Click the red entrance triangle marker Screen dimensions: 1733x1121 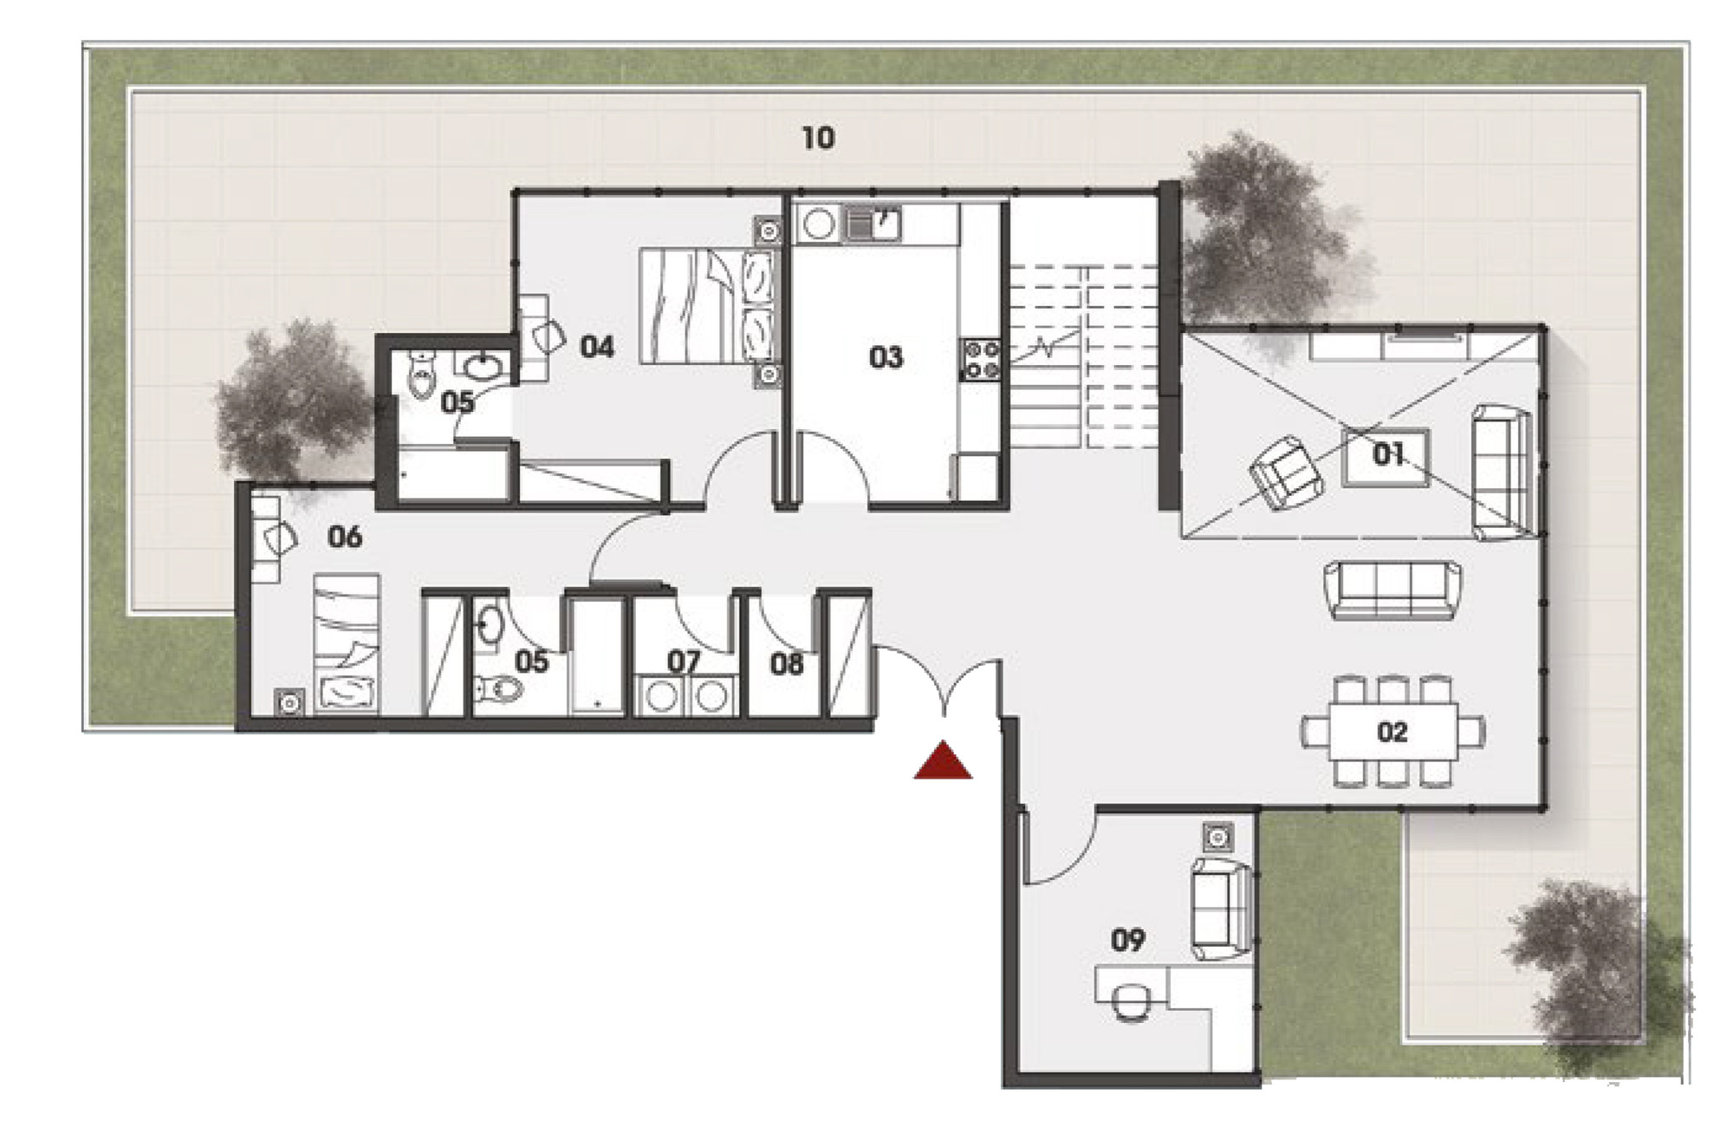(943, 761)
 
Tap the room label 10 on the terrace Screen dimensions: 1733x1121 (818, 138)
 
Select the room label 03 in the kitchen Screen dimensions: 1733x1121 (886, 357)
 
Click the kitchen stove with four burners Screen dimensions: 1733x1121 (980, 360)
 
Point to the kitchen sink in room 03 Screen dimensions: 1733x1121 (873, 224)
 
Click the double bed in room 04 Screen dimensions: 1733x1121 (707, 306)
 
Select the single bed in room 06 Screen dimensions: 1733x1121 (347, 642)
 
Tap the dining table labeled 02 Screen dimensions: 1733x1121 (1392, 732)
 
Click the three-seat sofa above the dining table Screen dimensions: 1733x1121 (1392, 590)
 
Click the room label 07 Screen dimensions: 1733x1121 (684, 662)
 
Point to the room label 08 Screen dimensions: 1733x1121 (787, 664)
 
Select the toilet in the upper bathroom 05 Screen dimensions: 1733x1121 (421, 374)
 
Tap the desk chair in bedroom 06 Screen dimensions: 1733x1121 (279, 538)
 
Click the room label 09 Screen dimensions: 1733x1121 (1127, 939)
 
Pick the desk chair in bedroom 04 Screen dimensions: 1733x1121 (547, 336)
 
